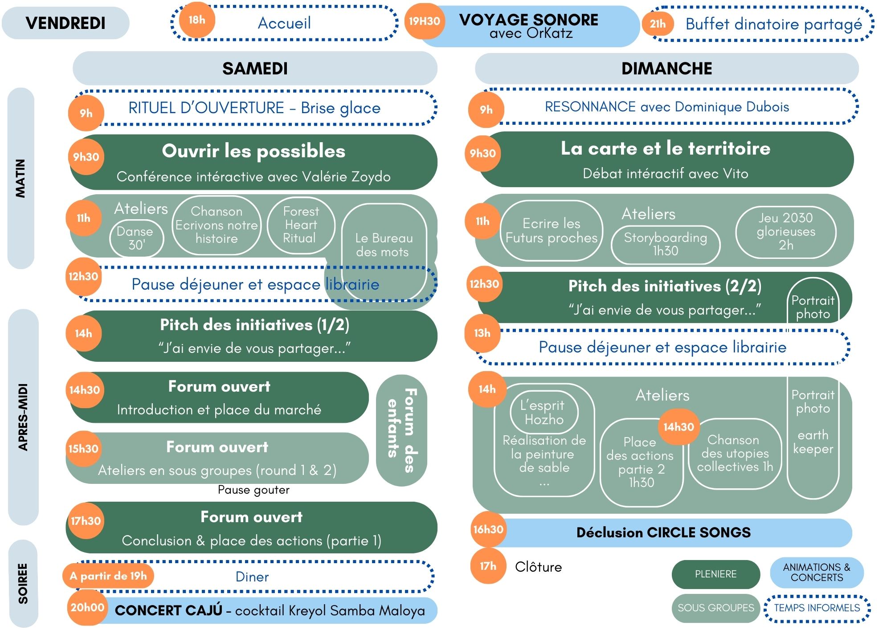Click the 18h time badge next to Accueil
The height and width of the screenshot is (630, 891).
197,20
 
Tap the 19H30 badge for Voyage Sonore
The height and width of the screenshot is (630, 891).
424,21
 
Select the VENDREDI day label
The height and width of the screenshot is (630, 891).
65,23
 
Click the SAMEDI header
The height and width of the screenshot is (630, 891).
255,69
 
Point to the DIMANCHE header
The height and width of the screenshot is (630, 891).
666,69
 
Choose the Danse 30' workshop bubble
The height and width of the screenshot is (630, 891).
137,238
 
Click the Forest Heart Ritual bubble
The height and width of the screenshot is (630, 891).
301,225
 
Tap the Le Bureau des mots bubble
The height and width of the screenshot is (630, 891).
384,252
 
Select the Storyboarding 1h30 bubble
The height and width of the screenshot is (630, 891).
666,245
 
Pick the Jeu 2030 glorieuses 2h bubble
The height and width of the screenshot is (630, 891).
786,232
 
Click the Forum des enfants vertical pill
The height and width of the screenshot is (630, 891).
401,430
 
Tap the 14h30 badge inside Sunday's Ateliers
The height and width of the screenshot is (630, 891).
678,427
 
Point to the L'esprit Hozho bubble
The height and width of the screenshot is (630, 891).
544,412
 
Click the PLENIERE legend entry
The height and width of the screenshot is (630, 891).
716,574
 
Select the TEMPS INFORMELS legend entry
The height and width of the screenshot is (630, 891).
817,608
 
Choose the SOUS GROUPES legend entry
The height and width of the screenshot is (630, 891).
716,608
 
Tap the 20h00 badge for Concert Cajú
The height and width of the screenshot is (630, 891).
87,607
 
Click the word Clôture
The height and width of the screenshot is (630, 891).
538,567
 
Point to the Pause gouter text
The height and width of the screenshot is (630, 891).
253,490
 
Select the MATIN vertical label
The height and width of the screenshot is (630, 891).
20,178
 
